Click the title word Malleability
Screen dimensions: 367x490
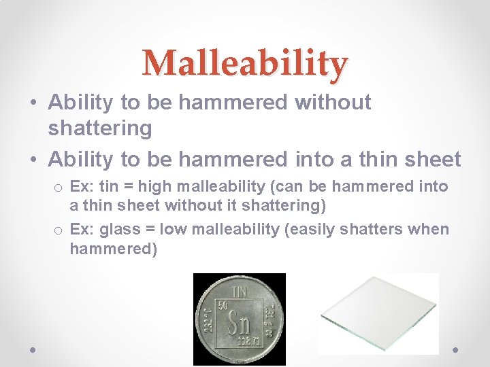point(245,63)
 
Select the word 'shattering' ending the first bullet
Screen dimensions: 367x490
point(100,127)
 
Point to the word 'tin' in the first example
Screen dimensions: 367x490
point(109,186)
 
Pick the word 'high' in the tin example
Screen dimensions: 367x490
point(150,186)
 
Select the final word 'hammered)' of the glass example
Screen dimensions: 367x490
point(113,249)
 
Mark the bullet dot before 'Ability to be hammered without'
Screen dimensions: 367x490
point(33,103)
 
